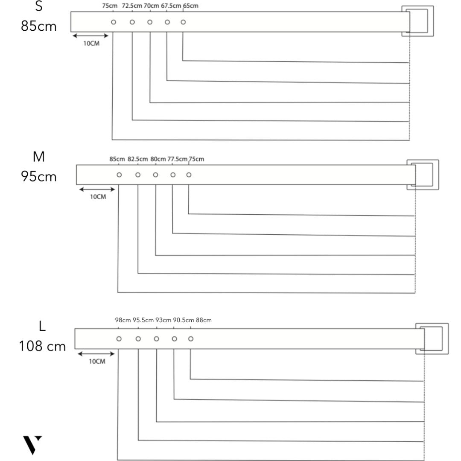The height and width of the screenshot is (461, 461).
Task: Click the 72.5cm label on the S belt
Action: click(132, 6)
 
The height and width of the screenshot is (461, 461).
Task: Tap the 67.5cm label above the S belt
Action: click(171, 6)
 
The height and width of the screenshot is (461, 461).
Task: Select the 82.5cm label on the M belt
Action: click(137, 159)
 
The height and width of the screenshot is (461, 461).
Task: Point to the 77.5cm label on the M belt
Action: click(177, 159)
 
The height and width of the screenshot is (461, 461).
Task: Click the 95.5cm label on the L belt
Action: click(143, 320)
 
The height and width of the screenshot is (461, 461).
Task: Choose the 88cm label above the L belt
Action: click(204, 320)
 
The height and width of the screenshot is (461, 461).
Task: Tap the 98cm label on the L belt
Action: click(123, 320)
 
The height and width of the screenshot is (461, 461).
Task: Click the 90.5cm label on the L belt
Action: click(184, 320)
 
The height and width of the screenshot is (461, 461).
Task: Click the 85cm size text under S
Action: click(38, 26)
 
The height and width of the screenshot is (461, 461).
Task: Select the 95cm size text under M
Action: click(38, 176)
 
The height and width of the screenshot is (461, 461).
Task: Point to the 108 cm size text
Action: click(42, 346)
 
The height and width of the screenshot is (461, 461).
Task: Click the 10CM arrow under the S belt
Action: click(90, 35)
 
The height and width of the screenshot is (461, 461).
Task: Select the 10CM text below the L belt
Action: click(97, 362)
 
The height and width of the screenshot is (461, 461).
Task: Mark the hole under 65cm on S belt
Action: click(183, 22)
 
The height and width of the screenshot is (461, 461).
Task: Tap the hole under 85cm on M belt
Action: click(119, 175)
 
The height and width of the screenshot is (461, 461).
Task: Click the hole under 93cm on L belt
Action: click(156, 338)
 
